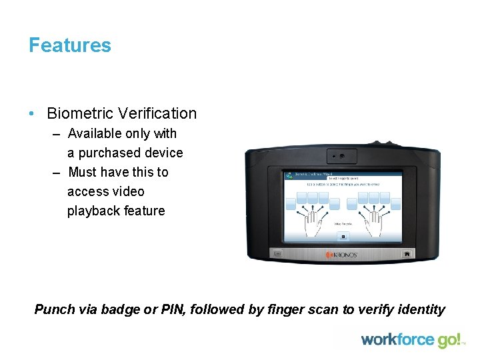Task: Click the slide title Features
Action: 70,45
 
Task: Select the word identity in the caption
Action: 421,309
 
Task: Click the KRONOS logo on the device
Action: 342,255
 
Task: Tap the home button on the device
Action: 406,254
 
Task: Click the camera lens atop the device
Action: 341,155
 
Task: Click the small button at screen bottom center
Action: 343,236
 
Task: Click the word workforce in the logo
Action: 398,340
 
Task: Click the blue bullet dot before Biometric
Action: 32,113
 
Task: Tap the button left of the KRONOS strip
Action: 278,254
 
